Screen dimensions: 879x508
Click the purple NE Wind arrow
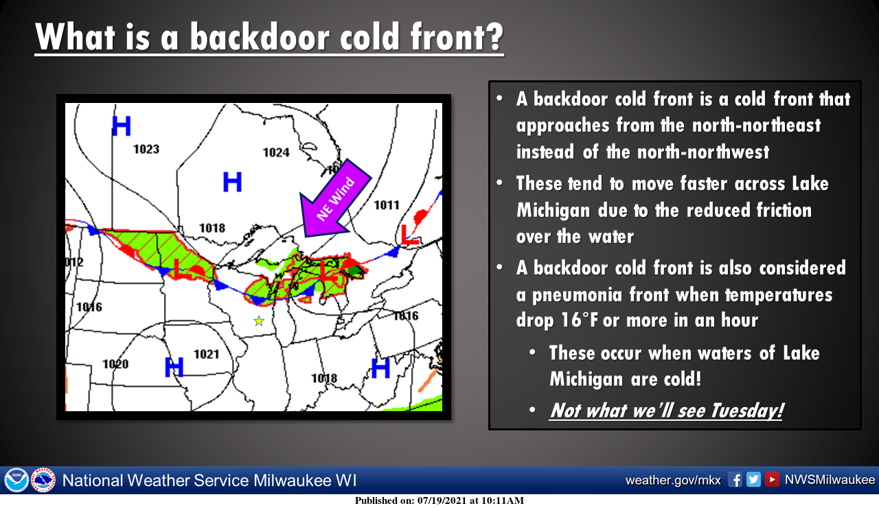(x=335, y=199)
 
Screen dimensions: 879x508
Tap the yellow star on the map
(x=259, y=321)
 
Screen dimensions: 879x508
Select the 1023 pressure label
(x=146, y=149)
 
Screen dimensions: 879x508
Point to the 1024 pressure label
(x=276, y=152)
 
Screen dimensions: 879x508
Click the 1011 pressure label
(x=387, y=205)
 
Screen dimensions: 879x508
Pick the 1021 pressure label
(x=207, y=354)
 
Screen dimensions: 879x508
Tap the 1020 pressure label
(x=115, y=364)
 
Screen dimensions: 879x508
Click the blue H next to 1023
(x=122, y=126)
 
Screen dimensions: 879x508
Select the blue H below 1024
(x=232, y=182)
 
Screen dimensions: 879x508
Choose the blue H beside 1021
(x=174, y=367)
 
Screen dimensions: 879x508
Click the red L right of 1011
(x=409, y=235)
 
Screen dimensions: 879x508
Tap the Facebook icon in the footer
(x=735, y=480)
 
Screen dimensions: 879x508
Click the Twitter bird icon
(x=753, y=480)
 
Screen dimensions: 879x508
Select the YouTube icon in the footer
(x=772, y=480)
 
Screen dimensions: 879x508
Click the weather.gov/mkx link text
(x=673, y=480)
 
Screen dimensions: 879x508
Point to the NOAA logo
(x=16, y=480)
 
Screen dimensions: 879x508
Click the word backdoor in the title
(x=260, y=36)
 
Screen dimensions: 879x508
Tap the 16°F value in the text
(x=579, y=320)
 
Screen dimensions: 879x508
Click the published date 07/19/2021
(x=442, y=501)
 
